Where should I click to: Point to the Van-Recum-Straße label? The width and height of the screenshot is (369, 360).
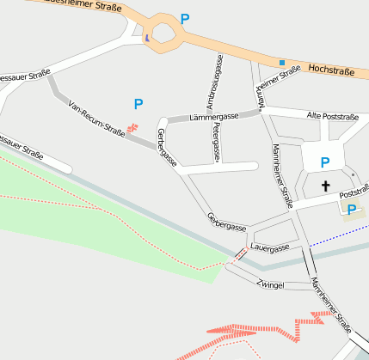pos(97,118)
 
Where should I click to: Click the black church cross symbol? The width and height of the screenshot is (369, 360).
pos(326,186)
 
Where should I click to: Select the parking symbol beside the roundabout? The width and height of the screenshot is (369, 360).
pos(186,19)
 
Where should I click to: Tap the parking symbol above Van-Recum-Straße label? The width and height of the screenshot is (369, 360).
pos(138,104)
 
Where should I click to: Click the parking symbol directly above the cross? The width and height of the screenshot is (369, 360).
pos(325,162)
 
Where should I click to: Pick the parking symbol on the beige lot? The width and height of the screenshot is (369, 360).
pos(352,209)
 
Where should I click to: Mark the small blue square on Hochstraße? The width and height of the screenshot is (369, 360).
pos(281,62)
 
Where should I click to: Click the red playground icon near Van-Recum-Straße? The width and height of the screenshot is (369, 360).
pos(132,128)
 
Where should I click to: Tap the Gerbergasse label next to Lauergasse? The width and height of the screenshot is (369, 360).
pos(226,221)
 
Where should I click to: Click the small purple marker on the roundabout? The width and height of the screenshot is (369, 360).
pos(147,37)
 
